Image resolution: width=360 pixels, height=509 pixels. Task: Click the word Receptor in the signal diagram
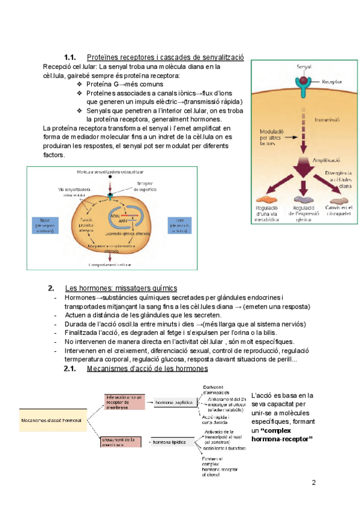click(x=332, y=82)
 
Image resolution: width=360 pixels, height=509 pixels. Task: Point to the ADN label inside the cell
click(x=115, y=214)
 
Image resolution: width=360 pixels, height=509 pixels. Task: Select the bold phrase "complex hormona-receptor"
click(x=282, y=436)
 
